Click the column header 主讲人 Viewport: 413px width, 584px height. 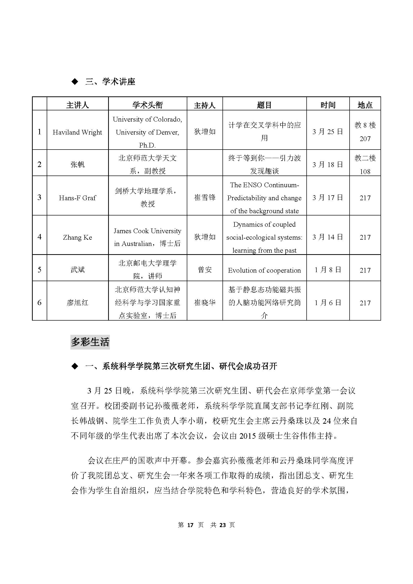click(77, 105)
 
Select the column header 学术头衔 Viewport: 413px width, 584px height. click(148, 105)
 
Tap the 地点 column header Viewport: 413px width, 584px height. click(365, 105)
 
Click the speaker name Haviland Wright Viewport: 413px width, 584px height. click(77, 132)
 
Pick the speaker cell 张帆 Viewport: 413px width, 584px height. click(77, 165)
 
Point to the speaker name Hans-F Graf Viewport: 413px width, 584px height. click(77, 198)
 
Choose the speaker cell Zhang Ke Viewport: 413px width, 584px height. click(77, 237)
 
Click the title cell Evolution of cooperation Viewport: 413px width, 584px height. click(264, 270)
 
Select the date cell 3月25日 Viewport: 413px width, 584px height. click(328, 132)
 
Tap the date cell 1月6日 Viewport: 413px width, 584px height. click(328, 303)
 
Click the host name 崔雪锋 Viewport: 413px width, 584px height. click(205, 198)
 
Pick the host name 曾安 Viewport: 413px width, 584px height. click(205, 270)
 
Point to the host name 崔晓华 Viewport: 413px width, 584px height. click(205, 302)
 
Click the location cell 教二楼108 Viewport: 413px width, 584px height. click(365, 165)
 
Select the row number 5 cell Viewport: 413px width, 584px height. click(39, 270)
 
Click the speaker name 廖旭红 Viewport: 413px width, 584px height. click(77, 303)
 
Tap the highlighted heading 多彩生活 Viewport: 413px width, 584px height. click(90, 342)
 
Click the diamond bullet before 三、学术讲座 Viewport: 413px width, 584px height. click(75, 82)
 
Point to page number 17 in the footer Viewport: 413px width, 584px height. click(190, 525)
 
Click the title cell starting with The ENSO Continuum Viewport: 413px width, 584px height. click(264, 198)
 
